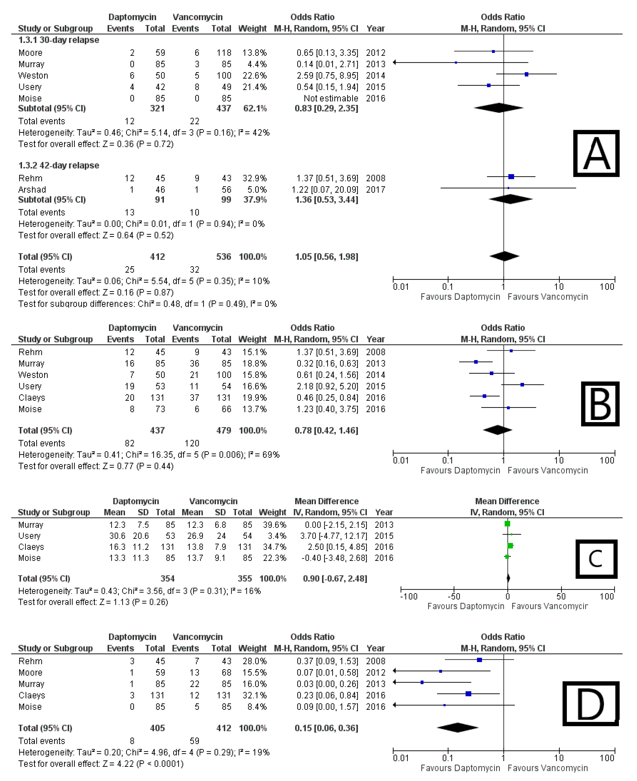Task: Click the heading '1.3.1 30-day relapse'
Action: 59,40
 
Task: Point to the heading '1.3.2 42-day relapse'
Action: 59,165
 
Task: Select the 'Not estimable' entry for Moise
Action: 331,98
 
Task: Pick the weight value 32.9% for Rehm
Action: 254,178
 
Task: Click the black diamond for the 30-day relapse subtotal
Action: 498,108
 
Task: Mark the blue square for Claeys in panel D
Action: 468,694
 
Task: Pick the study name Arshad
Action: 32,190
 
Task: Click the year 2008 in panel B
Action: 375,352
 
